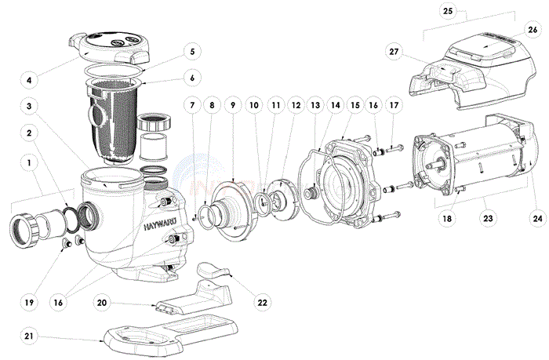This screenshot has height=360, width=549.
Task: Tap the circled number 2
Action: point(30,133)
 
